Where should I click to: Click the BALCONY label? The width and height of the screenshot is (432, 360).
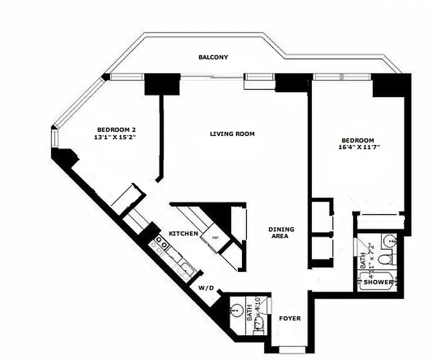tap(213, 58)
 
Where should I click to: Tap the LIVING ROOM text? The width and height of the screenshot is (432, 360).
tap(232, 134)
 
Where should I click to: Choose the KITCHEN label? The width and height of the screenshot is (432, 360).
tap(183, 234)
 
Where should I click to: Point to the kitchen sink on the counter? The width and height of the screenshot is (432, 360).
tap(184, 269)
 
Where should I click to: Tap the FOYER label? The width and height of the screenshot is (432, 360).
tap(290, 319)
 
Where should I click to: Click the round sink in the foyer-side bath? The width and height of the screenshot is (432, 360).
tap(235, 310)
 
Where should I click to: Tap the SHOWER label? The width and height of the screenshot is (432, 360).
tap(378, 282)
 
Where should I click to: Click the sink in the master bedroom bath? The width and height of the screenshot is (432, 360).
tap(390, 242)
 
